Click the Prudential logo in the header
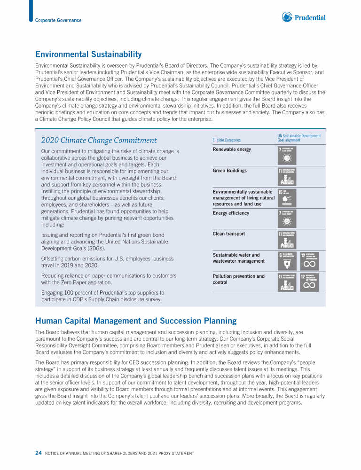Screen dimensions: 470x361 [304, 17]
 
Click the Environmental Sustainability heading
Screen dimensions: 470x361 [88, 55]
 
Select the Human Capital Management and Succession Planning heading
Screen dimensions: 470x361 [136, 321]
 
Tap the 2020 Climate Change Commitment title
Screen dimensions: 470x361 [99, 140]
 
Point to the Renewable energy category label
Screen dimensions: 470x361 [232, 149]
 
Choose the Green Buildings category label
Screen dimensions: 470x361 [229, 171]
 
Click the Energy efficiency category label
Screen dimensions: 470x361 [231, 213]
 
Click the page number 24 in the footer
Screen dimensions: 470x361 [38, 453]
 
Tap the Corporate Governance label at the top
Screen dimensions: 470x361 [58, 20]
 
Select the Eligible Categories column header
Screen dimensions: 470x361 [227, 140]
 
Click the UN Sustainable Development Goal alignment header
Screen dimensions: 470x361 [299, 138]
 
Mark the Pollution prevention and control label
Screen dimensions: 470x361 [238, 279]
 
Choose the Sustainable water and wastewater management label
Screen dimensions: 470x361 [238, 258]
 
